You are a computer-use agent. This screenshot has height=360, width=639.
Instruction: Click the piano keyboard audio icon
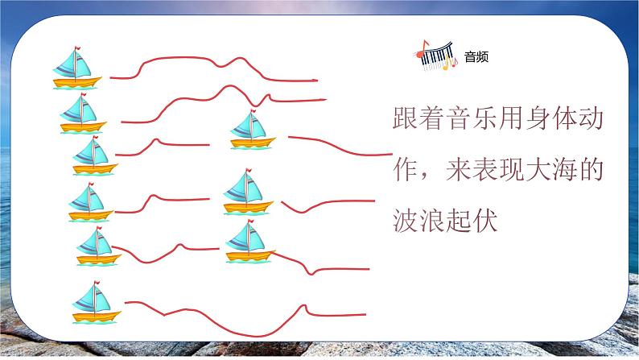[435, 56]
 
